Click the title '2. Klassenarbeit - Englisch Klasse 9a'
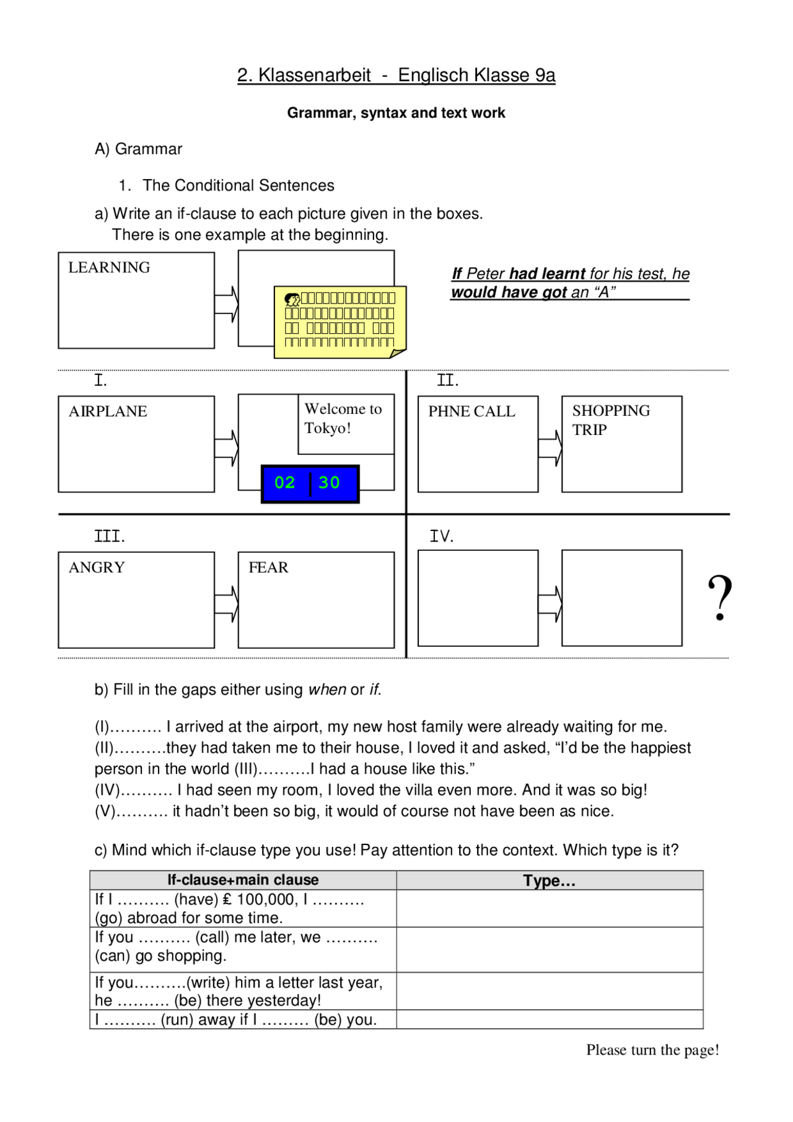coord(396,75)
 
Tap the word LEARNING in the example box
coord(109,268)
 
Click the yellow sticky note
coord(340,321)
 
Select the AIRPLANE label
coord(108,411)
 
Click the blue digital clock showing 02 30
coord(310,483)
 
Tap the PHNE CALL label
coord(471,411)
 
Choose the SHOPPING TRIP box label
coord(610,420)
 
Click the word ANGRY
coord(97,568)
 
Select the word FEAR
coord(268,568)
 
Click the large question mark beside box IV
coord(719,598)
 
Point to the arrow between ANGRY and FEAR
coord(227,604)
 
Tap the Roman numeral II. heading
coord(447,380)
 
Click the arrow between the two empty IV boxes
coord(550,604)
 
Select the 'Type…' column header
coord(549,881)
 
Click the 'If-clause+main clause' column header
coord(243,880)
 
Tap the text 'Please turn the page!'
coord(652,1050)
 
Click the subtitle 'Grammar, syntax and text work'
coord(396,113)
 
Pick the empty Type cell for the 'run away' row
coord(549,1020)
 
